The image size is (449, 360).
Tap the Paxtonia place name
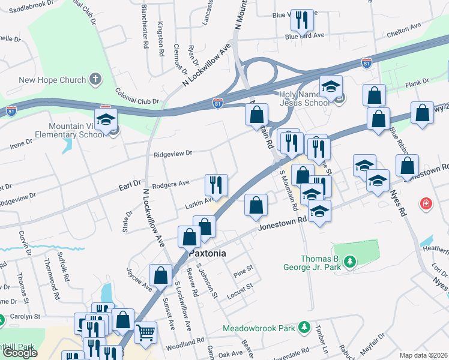(x=208, y=253)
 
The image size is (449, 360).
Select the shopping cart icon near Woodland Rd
(x=146, y=331)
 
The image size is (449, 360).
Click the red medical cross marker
(x=426, y=204)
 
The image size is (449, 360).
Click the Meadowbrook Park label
(x=259, y=328)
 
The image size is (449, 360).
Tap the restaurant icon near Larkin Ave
(x=216, y=184)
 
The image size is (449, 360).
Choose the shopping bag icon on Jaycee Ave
(x=161, y=275)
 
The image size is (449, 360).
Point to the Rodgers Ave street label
(x=171, y=183)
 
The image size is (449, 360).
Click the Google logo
(x=20, y=353)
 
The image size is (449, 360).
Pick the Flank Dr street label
(x=418, y=82)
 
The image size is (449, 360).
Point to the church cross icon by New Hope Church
(x=94, y=79)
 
